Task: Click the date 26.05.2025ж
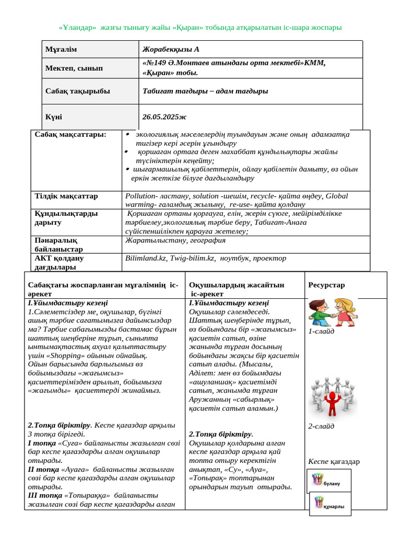pyautogui.click(x=164, y=117)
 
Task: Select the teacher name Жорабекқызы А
pyautogui.click(x=171, y=49)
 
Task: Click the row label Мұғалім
pyautogui.click(x=61, y=49)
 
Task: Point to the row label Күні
pyautogui.click(x=54, y=117)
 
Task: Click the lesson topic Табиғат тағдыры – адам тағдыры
pyautogui.click(x=205, y=91)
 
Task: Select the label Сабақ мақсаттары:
pyautogui.click(x=70, y=134)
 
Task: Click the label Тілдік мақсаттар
pyautogui.click(x=66, y=196)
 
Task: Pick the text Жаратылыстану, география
pyautogui.click(x=175, y=240)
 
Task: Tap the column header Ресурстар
pyautogui.click(x=326, y=285)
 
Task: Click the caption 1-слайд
pyautogui.click(x=321, y=331)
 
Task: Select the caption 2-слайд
pyautogui.click(x=321, y=426)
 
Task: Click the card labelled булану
pyautogui.click(x=329, y=481)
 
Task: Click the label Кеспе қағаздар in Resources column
pyautogui.click(x=334, y=461)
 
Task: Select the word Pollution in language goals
pyautogui.click(x=141, y=196)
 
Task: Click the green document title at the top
pyautogui.click(x=200, y=27)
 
